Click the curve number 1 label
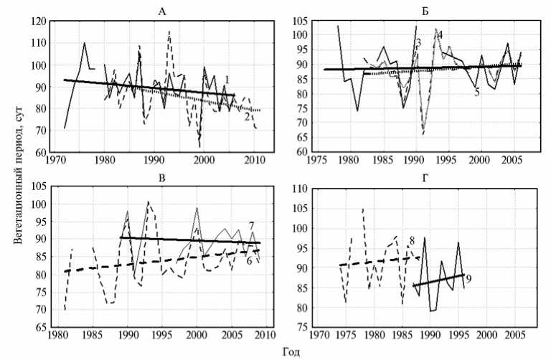227,78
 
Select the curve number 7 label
252,226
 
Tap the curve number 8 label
412,240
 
